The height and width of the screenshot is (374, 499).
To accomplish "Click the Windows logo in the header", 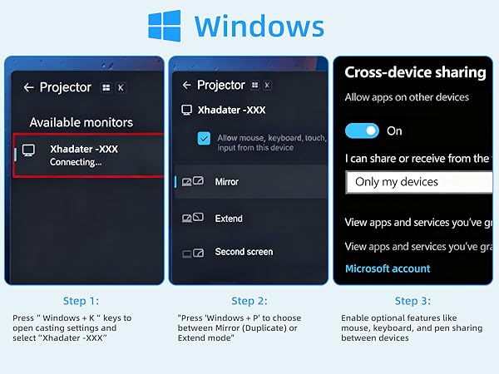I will [x=165, y=25].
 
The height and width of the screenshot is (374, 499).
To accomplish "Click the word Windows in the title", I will [x=259, y=26].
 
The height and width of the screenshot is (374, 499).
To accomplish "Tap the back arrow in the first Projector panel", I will [x=29, y=87].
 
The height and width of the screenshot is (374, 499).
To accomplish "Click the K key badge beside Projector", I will [x=121, y=87].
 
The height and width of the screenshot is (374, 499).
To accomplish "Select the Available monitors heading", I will [x=81, y=122].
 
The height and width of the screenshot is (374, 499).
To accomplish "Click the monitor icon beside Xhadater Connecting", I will [x=29, y=151].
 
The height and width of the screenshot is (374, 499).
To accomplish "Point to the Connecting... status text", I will [x=76, y=162].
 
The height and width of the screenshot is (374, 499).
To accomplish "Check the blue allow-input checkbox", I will [x=204, y=139].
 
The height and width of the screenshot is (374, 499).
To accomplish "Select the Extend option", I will [x=228, y=219].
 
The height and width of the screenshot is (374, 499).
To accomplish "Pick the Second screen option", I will [x=243, y=252].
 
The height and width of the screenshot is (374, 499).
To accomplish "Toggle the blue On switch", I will [x=362, y=130].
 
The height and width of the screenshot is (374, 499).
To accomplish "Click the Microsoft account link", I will [x=388, y=268].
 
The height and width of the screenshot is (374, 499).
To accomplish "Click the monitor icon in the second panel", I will [x=187, y=110].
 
